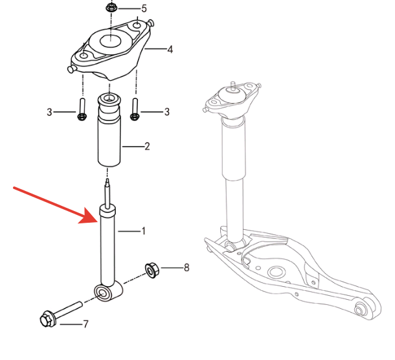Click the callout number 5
coord(144,8)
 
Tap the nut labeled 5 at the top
coord(111,8)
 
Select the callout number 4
coord(170,49)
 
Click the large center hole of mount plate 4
coord(111,41)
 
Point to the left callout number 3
coord(49,112)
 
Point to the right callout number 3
coord(167,112)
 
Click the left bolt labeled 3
coord(82,109)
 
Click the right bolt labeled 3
coord(135,109)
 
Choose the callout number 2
coord(147,146)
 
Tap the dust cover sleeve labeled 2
coord(109,129)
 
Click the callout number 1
coord(144,231)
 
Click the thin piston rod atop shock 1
coord(107,193)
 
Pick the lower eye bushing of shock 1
coord(103,293)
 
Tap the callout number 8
coord(186,267)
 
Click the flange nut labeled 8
coord(152,270)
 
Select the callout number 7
coord(85,324)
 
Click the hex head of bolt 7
coord(47,319)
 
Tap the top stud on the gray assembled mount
coord(232,86)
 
